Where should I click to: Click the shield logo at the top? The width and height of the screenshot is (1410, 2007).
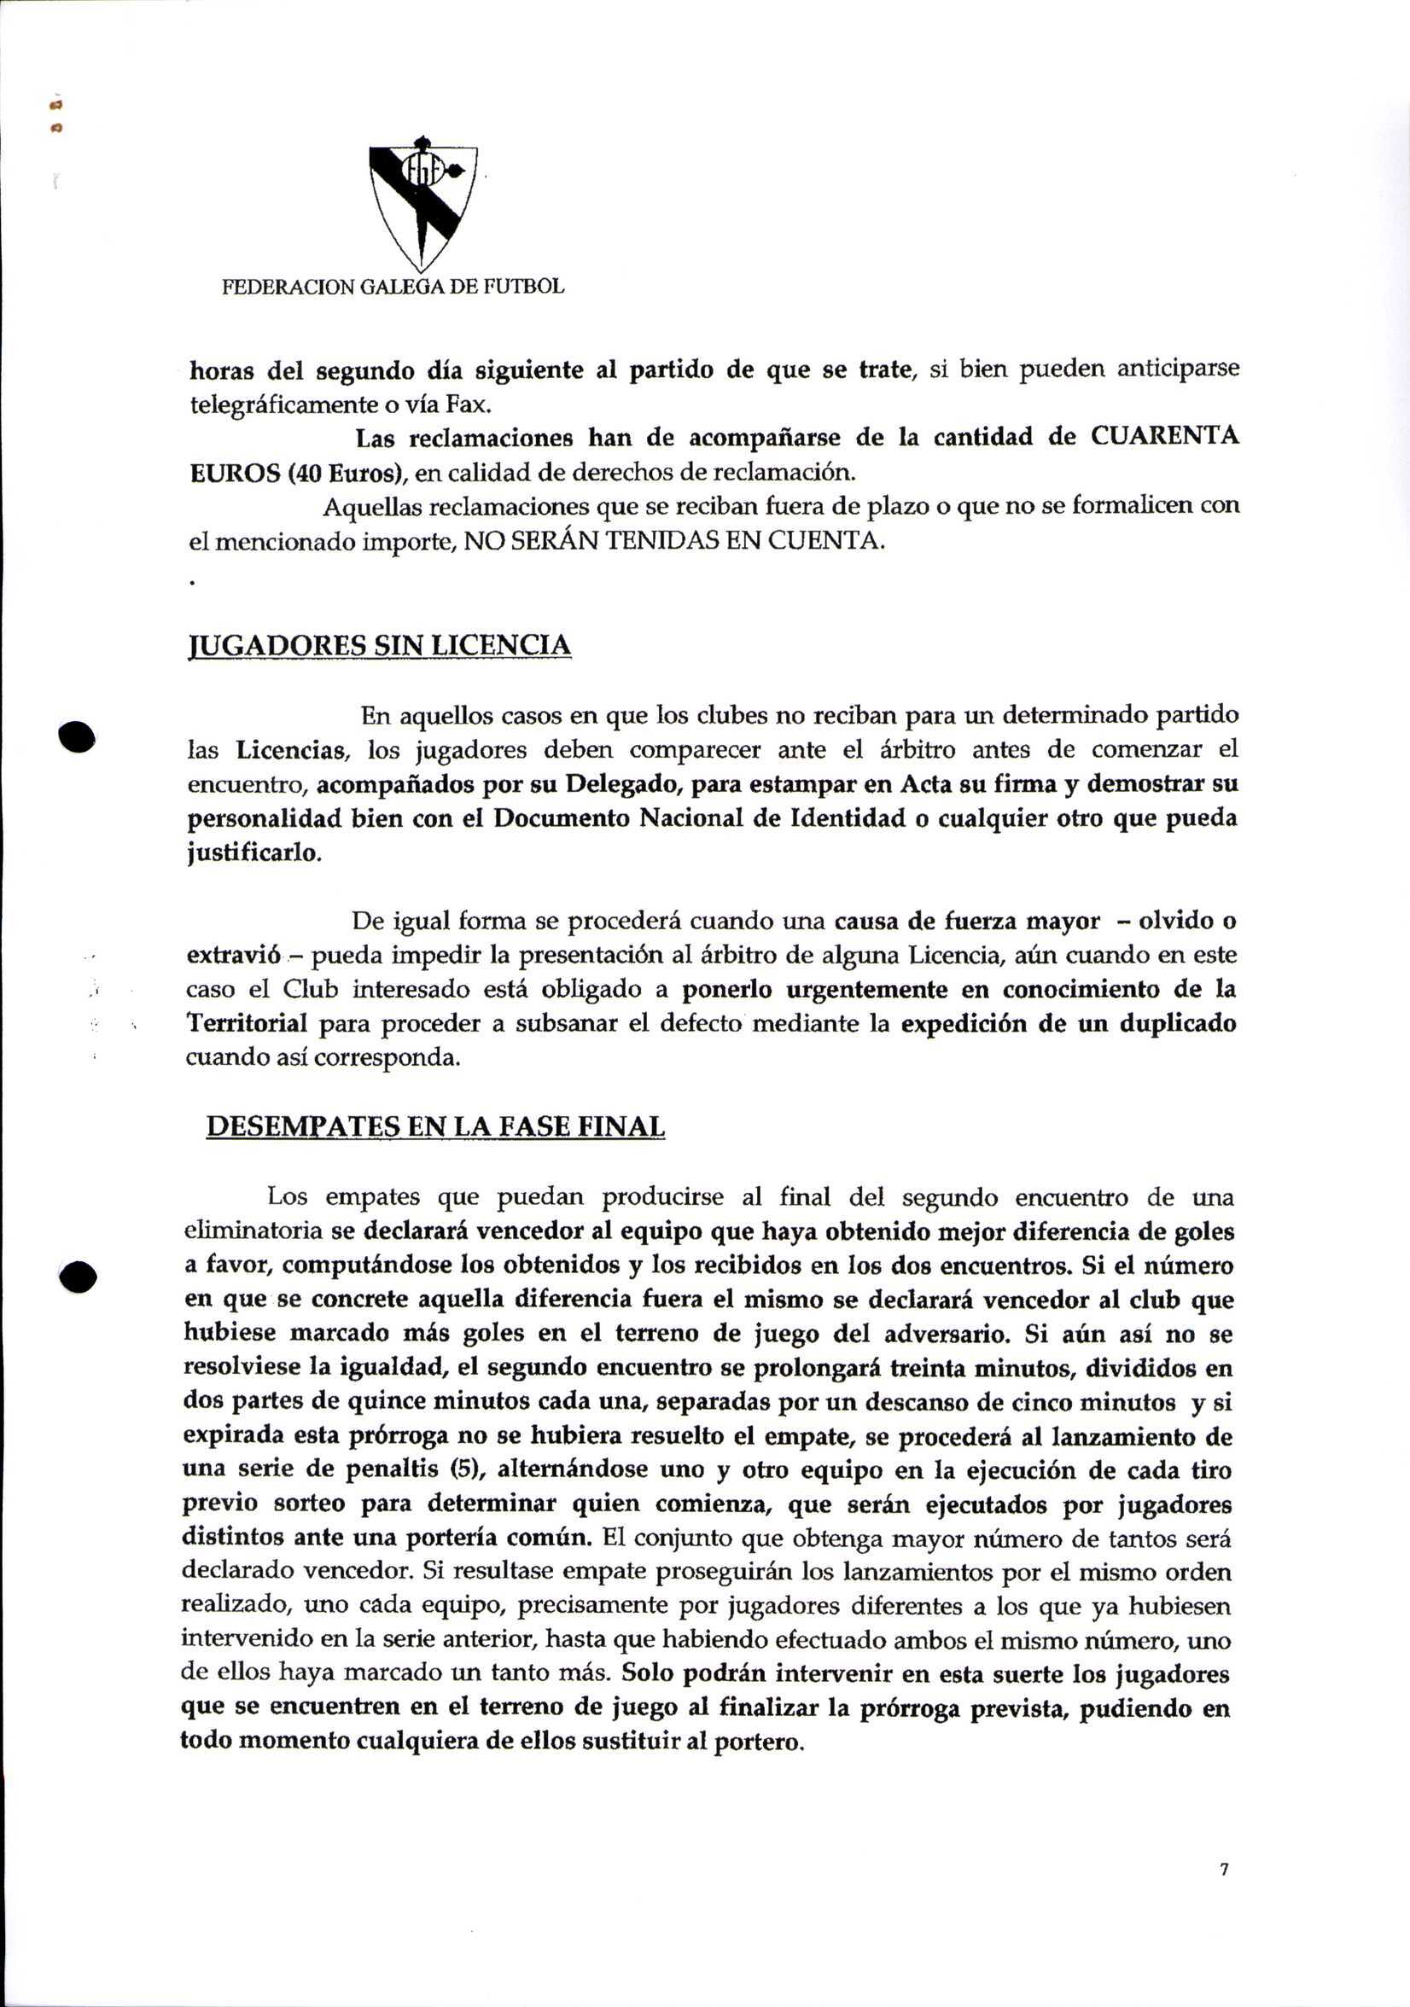click(423, 205)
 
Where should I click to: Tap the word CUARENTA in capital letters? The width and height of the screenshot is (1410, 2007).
click(1164, 436)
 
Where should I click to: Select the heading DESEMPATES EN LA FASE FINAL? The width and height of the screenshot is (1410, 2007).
click(435, 1126)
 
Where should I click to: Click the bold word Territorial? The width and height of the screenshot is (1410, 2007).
click(248, 1024)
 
